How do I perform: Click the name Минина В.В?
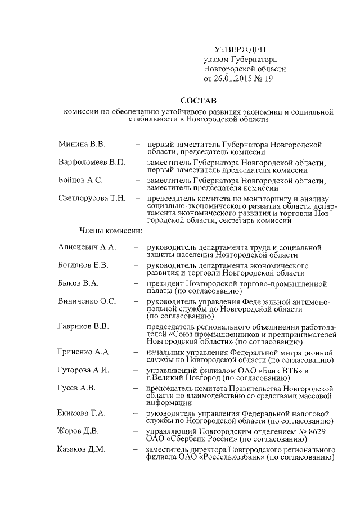(82, 145)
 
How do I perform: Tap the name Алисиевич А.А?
(87, 247)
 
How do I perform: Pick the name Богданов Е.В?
(83, 265)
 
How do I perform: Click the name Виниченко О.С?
(87, 301)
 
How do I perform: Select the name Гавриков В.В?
(83, 327)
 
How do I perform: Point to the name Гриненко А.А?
(84, 352)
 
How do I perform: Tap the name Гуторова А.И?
(83, 370)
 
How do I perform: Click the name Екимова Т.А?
(82, 413)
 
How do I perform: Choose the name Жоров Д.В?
(78, 431)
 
